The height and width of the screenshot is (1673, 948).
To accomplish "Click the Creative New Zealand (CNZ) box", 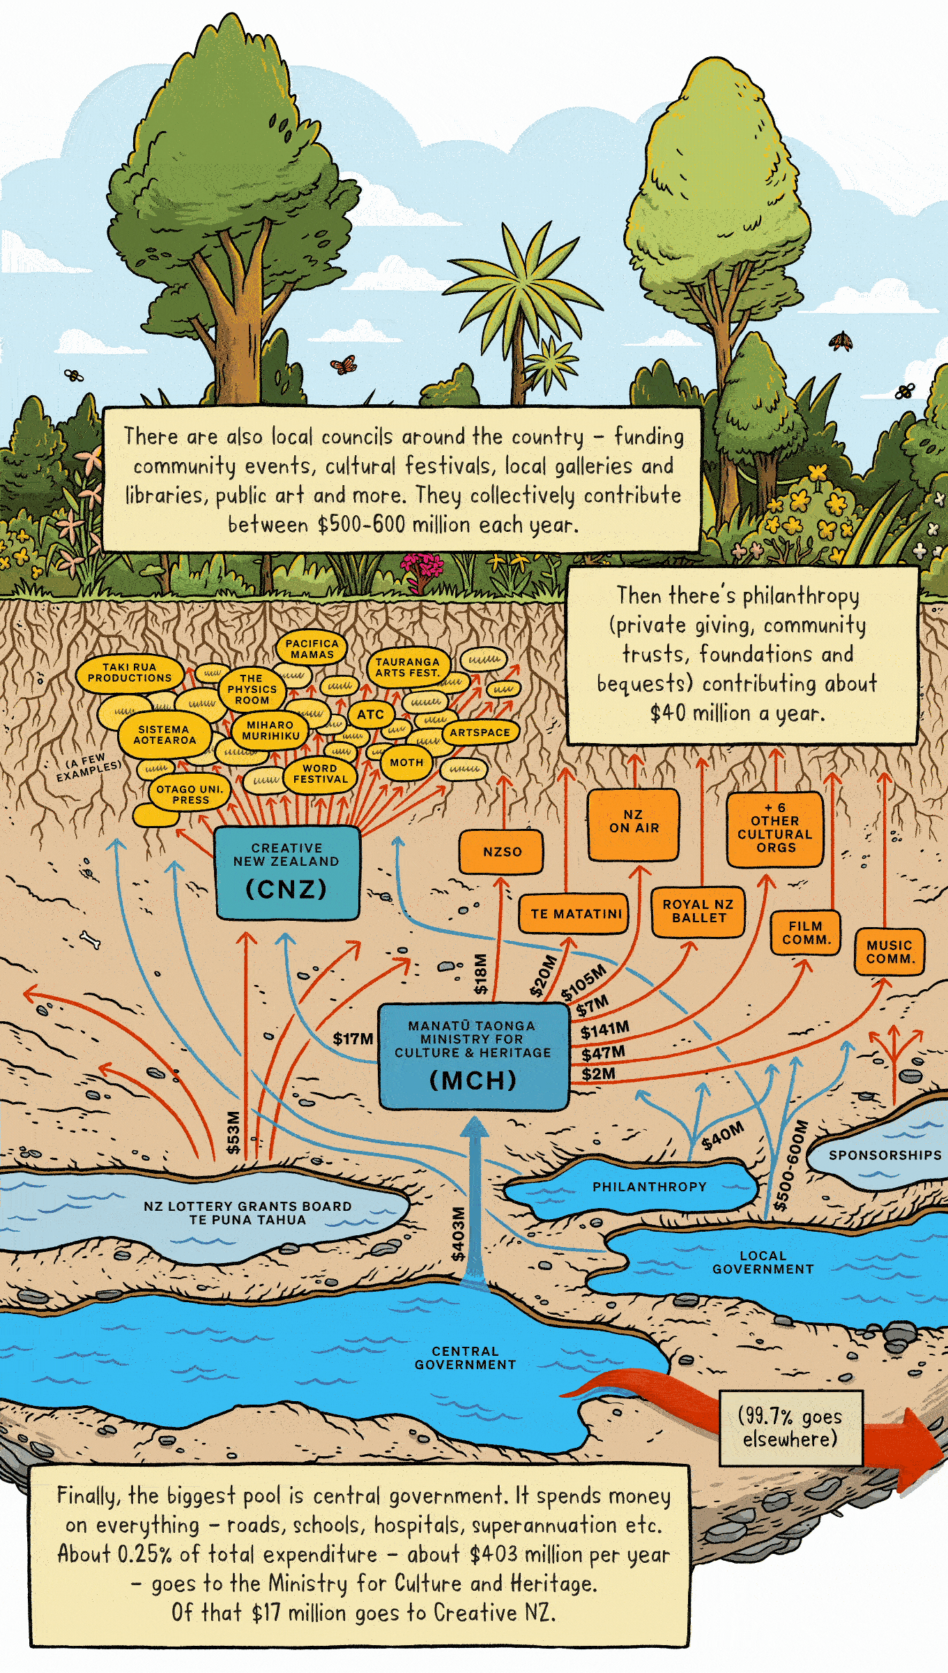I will pos(286,872).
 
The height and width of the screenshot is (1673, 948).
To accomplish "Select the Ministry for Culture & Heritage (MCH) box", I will pos(473,1057).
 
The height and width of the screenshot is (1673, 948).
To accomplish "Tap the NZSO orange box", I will pos(501,851).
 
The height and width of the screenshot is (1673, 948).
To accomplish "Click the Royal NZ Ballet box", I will pos(698,911).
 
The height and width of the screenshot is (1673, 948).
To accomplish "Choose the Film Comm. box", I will pos(805,933).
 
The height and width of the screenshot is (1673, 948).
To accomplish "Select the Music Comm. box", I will pos(889,952).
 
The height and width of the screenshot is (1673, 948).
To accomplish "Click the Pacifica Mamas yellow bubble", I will pos(312,649).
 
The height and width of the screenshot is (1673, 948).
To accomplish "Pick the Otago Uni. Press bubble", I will pos(190,794).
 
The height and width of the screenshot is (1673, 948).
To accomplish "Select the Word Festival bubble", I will pos(320,774).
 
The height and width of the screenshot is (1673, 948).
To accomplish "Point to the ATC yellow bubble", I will pos(370,715).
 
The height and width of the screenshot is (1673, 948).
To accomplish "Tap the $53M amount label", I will pos(233,1133).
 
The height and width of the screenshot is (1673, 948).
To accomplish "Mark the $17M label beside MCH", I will pos(353,1039).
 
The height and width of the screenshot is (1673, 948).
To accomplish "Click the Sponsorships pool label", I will pos(885,1155).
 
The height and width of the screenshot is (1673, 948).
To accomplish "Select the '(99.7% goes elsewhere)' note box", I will pos(790,1428).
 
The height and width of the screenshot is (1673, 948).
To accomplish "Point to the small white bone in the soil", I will pos(91,940).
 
